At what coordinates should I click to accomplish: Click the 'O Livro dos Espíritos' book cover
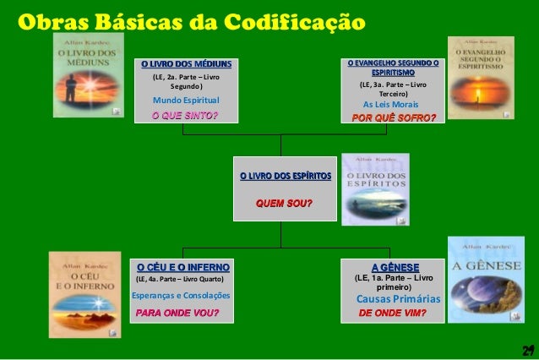(375, 189)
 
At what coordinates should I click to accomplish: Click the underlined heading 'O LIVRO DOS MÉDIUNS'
(185, 64)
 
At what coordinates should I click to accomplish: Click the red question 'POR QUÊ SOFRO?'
(394, 117)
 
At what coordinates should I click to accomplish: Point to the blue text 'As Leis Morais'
(393, 104)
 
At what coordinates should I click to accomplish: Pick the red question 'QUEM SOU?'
(284, 203)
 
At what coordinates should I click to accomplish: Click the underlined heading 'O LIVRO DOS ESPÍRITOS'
(286, 176)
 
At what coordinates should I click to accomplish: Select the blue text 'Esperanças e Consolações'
(181, 296)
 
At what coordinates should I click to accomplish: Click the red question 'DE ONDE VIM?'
(393, 313)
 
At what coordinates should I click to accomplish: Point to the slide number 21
(528, 350)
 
